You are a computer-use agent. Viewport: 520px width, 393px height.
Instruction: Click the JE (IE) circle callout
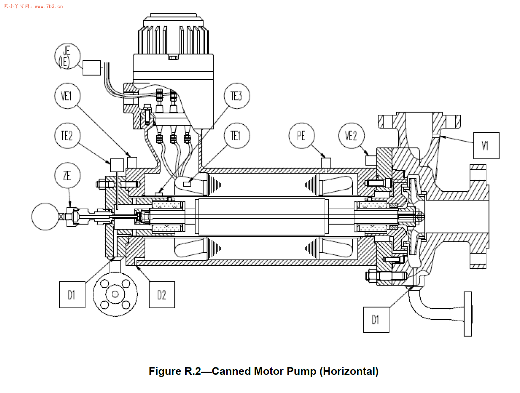[67, 56]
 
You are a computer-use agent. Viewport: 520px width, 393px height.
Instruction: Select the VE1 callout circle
[67, 96]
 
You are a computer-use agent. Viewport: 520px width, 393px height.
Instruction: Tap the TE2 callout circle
[67, 136]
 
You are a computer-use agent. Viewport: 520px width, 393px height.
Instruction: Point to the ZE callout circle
[67, 175]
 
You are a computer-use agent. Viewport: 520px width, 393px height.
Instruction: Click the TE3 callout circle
[237, 96]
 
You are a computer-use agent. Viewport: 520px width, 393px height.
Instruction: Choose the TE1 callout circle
[237, 136]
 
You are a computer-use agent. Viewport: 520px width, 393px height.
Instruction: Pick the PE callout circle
[301, 136]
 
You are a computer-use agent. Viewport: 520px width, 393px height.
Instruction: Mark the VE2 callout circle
[351, 136]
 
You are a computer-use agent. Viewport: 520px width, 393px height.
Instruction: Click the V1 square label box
[486, 146]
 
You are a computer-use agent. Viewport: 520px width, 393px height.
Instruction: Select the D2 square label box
[162, 295]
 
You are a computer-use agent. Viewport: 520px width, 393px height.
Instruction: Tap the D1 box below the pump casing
[376, 320]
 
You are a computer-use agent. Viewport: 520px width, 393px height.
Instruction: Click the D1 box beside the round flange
[72, 295]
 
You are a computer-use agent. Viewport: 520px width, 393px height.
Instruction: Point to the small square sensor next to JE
[92, 68]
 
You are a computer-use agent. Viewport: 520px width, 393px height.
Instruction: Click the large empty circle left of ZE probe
[45, 217]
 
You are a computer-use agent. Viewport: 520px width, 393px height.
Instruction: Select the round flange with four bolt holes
[115, 294]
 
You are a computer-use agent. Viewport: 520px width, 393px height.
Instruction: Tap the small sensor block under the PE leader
[326, 163]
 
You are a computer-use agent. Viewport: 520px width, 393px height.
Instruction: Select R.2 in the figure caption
[193, 371]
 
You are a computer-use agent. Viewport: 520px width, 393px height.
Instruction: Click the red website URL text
[49, 6]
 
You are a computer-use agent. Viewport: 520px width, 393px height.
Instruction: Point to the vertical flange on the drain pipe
[467, 314]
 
